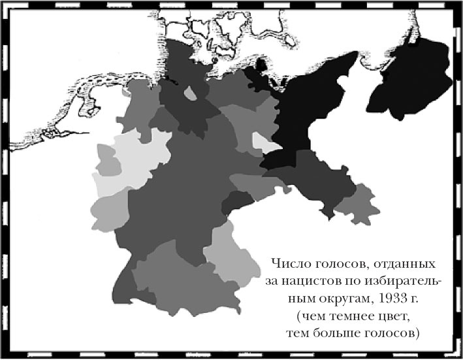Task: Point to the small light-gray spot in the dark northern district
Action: pyautogui.click(x=190, y=94)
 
